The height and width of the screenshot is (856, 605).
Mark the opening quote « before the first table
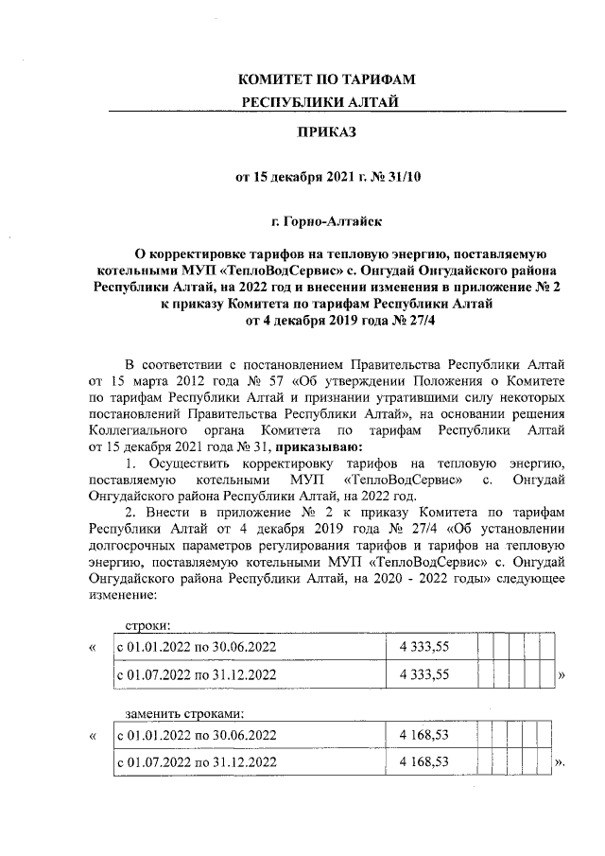(x=91, y=648)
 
